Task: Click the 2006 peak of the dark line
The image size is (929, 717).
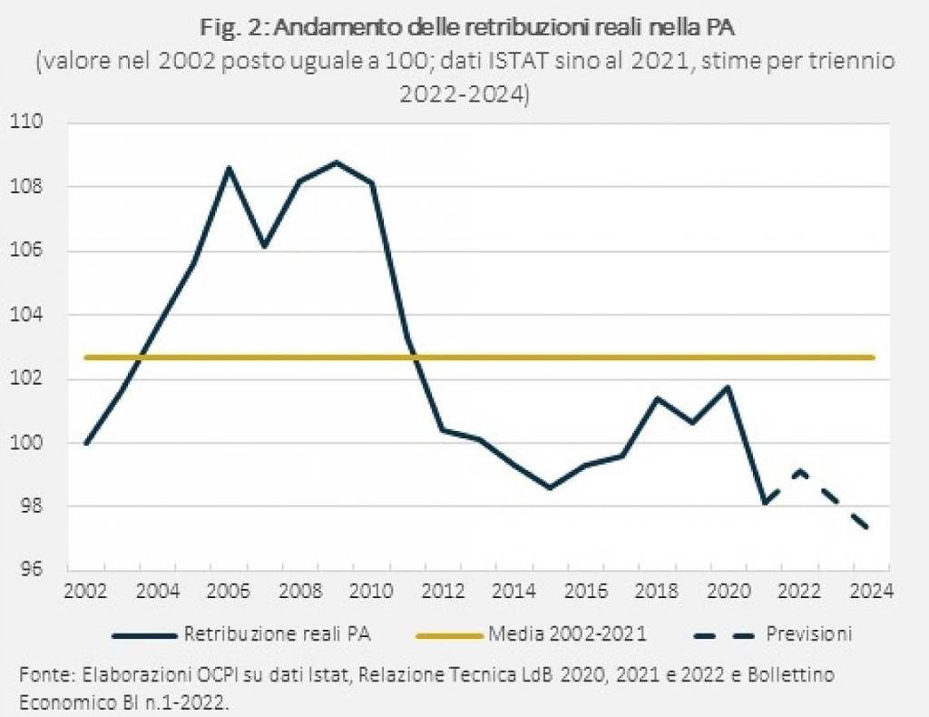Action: pos(229,168)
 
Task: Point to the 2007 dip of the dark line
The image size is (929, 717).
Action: pos(264,246)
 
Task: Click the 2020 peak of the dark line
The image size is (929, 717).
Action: pos(729,388)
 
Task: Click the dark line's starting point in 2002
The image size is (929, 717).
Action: pos(86,443)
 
